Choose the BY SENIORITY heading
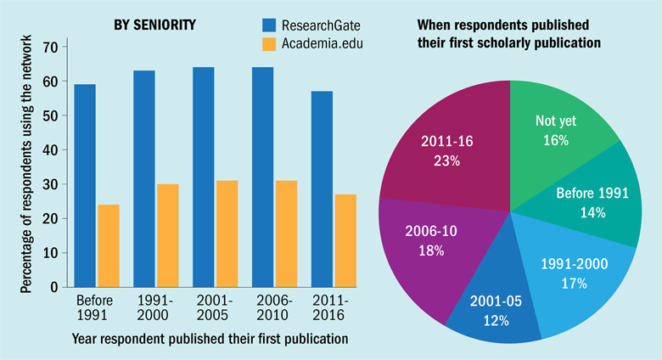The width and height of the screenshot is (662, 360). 154,25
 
